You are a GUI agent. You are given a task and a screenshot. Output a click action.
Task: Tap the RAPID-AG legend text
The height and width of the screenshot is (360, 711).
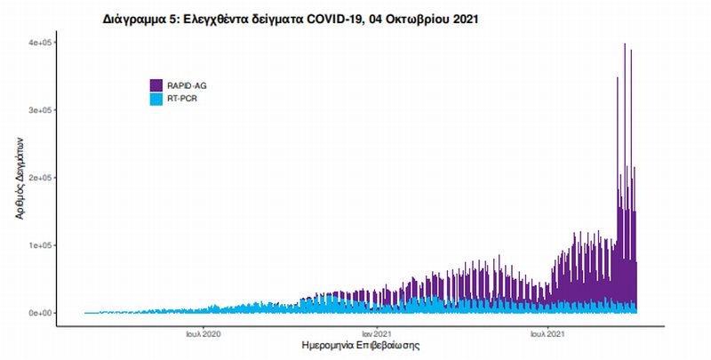click(x=188, y=85)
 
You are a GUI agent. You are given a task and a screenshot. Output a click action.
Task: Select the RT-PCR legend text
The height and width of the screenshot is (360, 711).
click(x=183, y=98)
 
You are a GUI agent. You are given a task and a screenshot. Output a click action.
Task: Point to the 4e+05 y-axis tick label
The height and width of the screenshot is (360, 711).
click(x=42, y=43)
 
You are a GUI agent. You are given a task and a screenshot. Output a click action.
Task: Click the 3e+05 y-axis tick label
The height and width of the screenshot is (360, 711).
click(x=42, y=110)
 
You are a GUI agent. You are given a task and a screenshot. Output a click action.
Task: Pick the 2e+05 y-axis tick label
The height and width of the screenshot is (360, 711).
click(x=42, y=178)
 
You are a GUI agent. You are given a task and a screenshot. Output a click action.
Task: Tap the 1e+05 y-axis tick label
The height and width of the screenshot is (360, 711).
click(x=42, y=245)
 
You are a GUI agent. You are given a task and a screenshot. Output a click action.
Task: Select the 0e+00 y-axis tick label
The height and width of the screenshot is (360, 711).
click(x=42, y=313)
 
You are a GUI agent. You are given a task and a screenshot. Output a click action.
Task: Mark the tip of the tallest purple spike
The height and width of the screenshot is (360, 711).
click(x=625, y=44)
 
